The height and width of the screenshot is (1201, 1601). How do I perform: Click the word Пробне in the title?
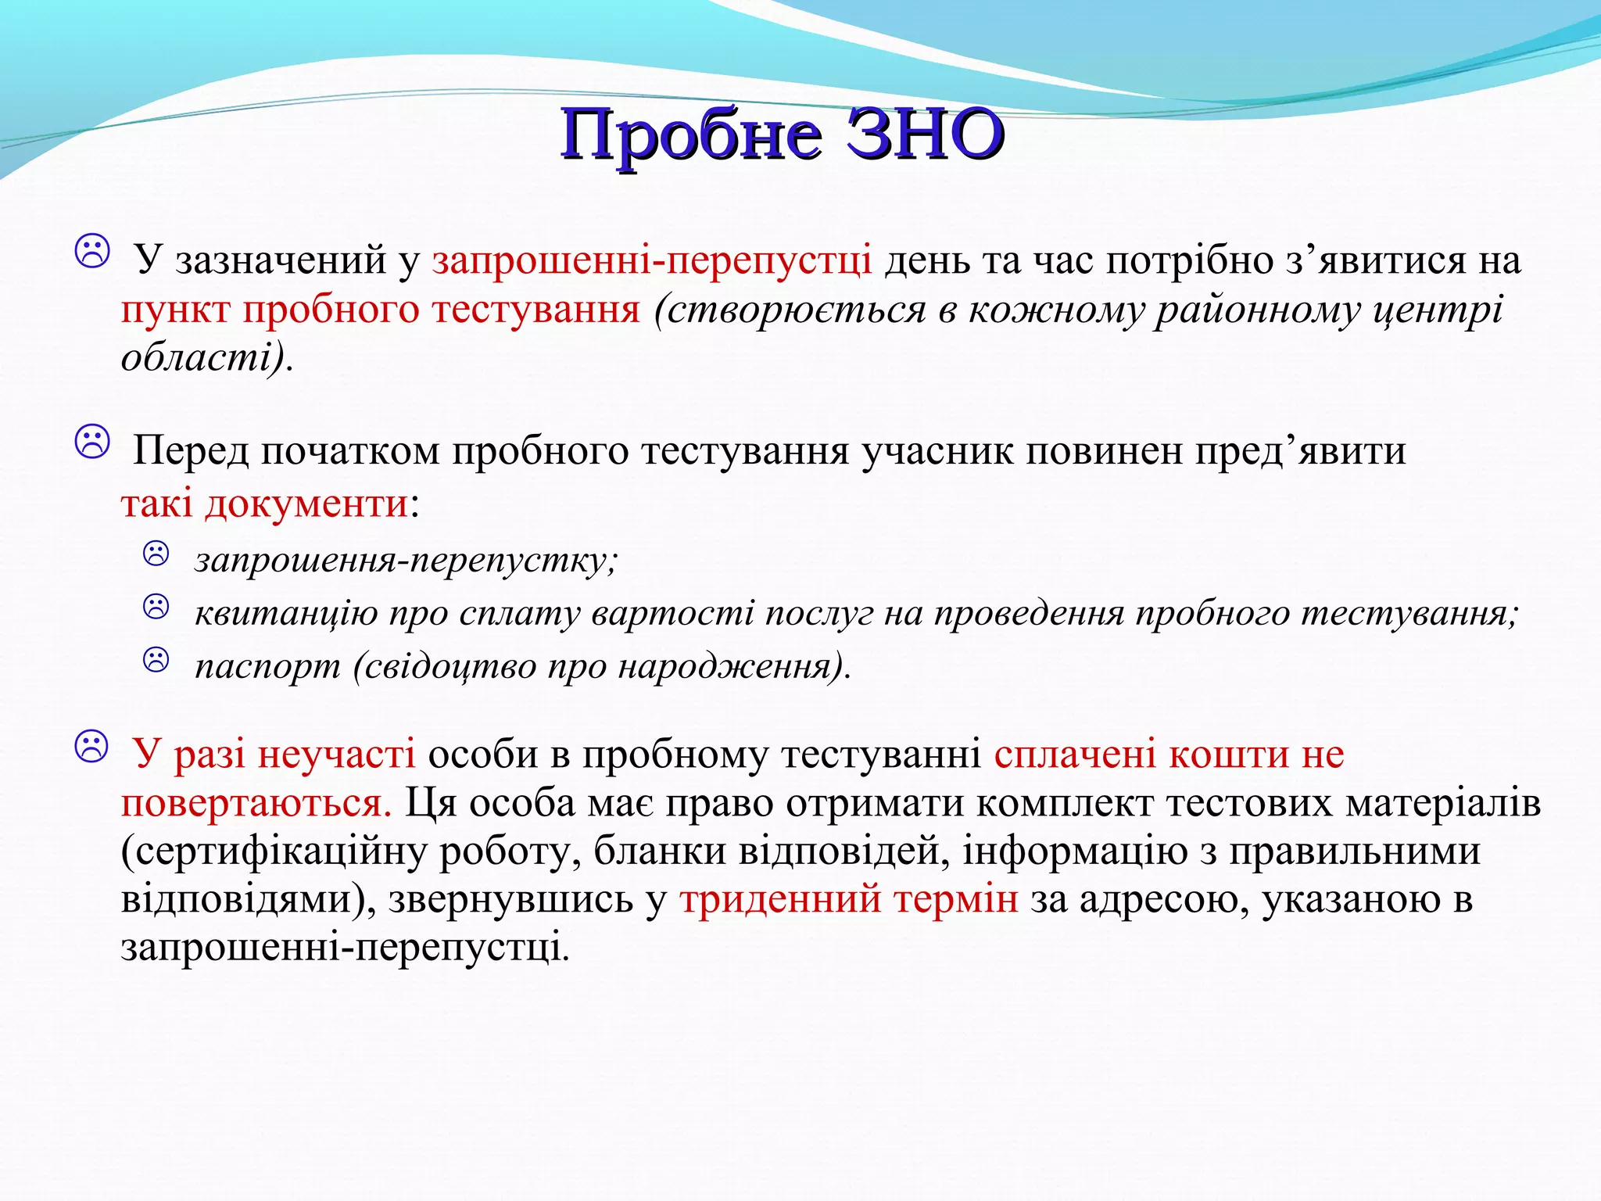[x=691, y=134]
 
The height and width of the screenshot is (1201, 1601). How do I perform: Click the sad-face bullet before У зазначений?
[x=92, y=252]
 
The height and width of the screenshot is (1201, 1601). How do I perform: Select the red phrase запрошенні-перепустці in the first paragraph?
[x=652, y=260]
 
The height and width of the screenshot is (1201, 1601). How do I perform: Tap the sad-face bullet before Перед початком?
[x=92, y=443]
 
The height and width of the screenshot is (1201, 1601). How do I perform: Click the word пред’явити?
[x=1300, y=451]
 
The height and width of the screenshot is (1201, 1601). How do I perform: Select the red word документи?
[x=306, y=503]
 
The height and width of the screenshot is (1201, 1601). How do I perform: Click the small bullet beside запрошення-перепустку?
[x=156, y=554]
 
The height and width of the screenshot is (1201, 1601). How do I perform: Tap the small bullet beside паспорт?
[x=156, y=660]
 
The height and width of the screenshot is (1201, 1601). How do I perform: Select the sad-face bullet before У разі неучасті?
[x=92, y=747]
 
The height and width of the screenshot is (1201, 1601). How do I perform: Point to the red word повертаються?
[x=256, y=803]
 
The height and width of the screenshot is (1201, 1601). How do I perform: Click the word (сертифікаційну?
[x=273, y=851]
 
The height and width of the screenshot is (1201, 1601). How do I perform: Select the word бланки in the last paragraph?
[x=659, y=851]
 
